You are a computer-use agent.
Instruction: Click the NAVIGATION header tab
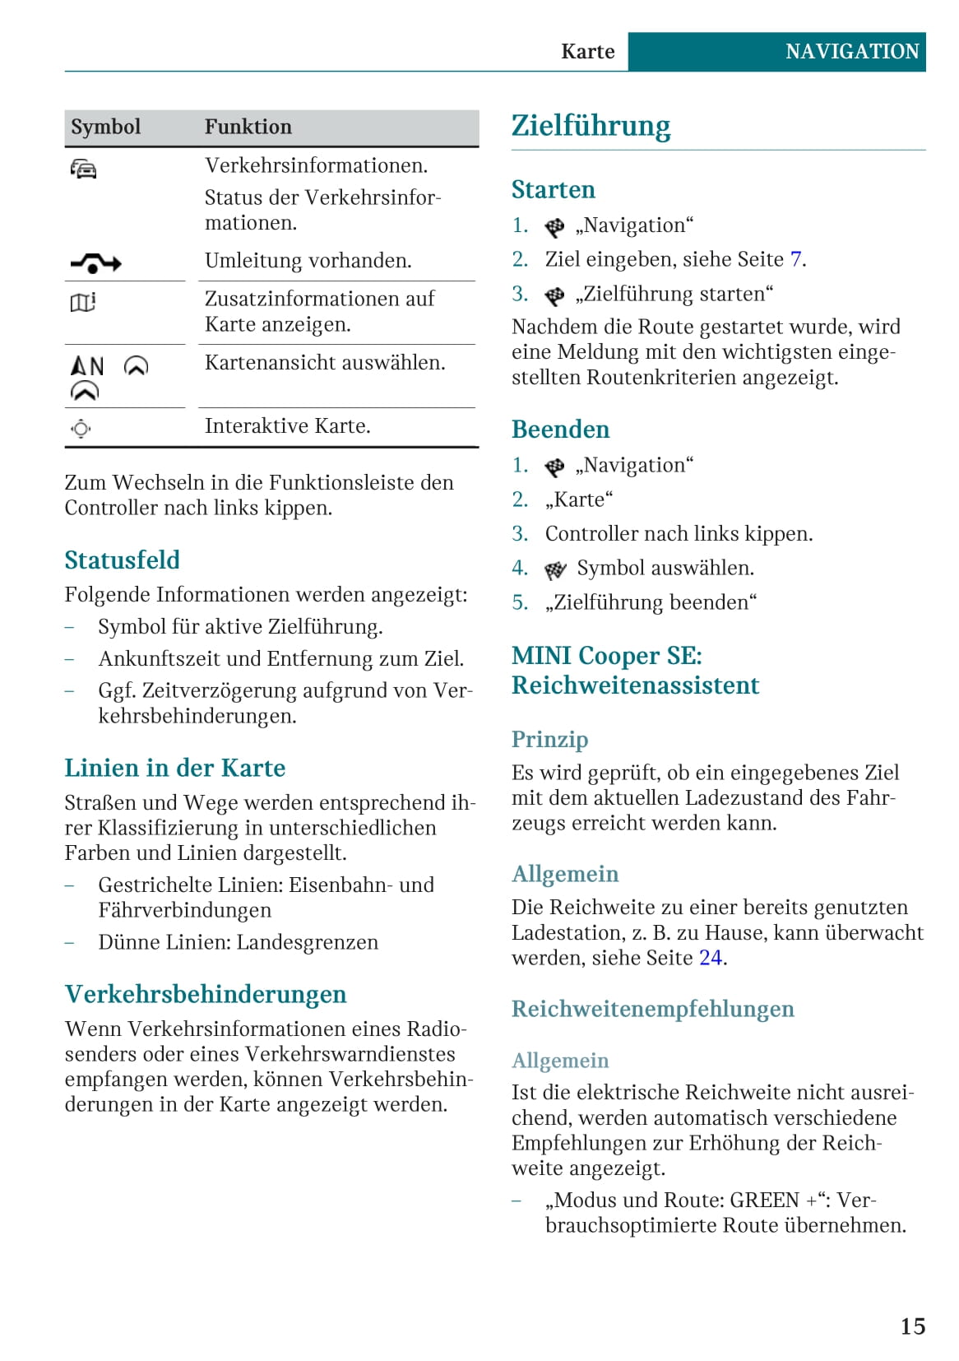(852, 52)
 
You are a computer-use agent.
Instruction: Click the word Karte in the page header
(587, 52)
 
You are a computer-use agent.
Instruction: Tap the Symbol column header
(105, 127)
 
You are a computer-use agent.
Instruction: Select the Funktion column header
(248, 127)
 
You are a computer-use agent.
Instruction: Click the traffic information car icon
(84, 169)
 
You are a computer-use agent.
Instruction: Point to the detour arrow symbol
(95, 263)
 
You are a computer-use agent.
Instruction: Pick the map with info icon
(83, 302)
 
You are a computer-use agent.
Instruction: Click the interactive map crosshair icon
(81, 428)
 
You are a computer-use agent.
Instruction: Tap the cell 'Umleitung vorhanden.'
(308, 261)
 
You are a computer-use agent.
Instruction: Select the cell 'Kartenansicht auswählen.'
(325, 363)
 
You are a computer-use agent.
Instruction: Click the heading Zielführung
(591, 126)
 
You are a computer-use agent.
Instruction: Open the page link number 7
(795, 260)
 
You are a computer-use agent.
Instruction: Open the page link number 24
(710, 958)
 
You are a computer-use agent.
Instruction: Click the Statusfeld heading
(122, 560)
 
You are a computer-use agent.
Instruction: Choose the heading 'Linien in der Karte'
(174, 769)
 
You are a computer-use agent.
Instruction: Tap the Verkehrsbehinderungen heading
(205, 994)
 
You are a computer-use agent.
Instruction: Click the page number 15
(912, 1326)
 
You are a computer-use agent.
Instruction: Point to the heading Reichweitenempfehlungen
(652, 1009)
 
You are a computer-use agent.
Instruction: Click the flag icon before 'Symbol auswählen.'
(556, 569)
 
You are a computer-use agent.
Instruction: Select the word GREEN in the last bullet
(764, 1201)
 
